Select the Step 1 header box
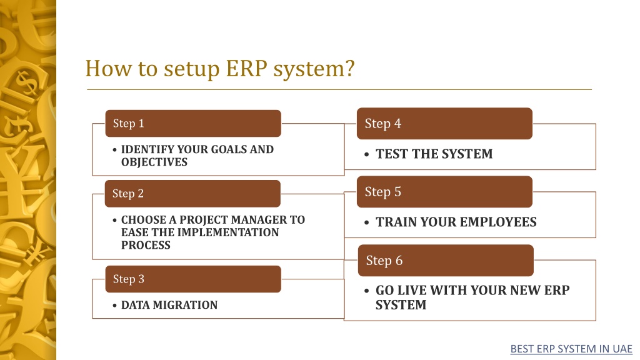coord(193,123)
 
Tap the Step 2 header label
coord(128,194)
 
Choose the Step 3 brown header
coord(193,279)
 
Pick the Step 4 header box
coord(444,124)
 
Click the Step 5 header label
coord(383,192)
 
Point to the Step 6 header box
coord(446,261)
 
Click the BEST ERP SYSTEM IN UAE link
coord(571,349)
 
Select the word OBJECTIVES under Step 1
coord(154,162)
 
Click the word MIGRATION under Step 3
coord(185,305)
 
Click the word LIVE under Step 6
coord(412,290)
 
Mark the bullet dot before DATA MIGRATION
coord(115,306)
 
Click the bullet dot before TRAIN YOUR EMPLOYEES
coord(366,223)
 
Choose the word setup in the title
coord(192,69)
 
